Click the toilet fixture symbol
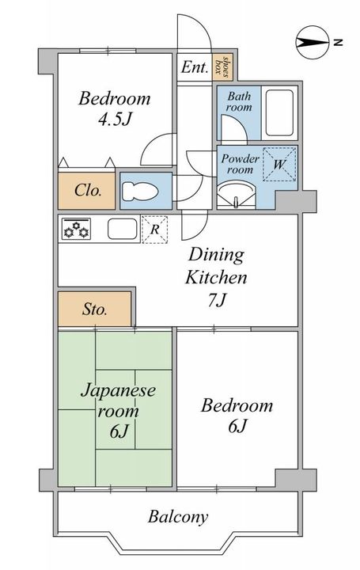[x=140, y=192]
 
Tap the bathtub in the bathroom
[x=279, y=112]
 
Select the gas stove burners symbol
[x=76, y=230]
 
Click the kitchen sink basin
[x=123, y=230]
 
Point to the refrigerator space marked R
[x=155, y=230]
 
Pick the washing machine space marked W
[x=279, y=164]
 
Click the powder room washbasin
[x=236, y=196]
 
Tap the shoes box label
[x=222, y=66]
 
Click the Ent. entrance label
[x=195, y=66]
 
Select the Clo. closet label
[x=88, y=190]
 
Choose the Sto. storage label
[x=95, y=310]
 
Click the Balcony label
[x=178, y=516]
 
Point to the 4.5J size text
[x=115, y=119]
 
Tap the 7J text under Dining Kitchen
[x=218, y=300]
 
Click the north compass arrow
[x=313, y=43]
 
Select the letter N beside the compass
[x=338, y=43]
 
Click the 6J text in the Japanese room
[x=119, y=431]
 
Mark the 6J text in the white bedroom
[x=237, y=426]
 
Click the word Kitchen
[x=216, y=277]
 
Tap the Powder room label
[x=240, y=164]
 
